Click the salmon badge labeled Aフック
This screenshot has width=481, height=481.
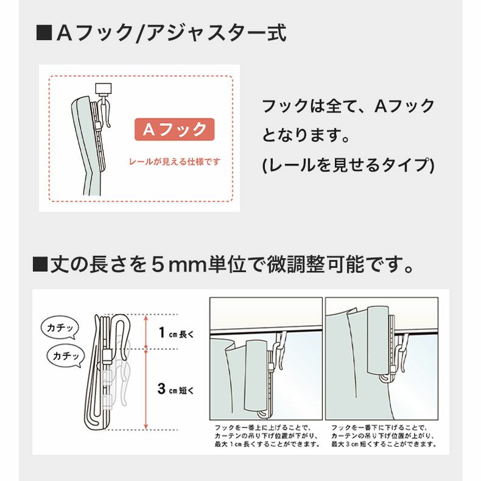174,130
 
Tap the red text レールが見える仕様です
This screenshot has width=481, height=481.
174,163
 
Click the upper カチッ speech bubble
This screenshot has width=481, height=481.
60,328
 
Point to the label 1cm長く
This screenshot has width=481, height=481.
175,332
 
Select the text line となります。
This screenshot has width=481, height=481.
306,135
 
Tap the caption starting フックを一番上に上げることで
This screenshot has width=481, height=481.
265,435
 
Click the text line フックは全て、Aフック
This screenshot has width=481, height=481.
348,106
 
